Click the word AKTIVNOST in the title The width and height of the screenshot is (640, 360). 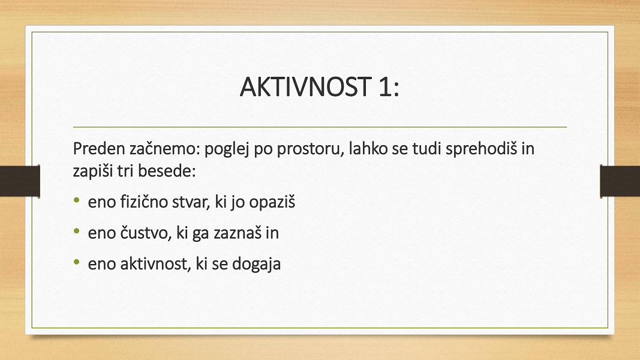point(305,87)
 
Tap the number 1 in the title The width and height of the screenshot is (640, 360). point(385,87)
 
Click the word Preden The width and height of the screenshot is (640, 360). point(99,149)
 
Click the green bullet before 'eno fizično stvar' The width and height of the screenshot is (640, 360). point(77,200)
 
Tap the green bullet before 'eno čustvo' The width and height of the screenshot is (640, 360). point(77,231)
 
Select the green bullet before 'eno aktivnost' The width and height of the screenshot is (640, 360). point(77,262)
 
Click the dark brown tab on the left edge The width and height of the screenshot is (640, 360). point(20,181)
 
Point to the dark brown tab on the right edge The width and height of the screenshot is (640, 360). point(620,181)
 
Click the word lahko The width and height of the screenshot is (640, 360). point(368,149)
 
